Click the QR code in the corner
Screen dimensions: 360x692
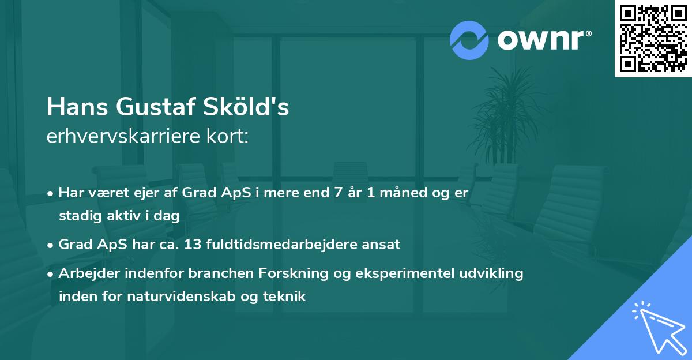point(653,39)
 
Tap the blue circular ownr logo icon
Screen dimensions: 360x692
point(469,40)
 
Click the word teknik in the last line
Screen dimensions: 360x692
point(285,297)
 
